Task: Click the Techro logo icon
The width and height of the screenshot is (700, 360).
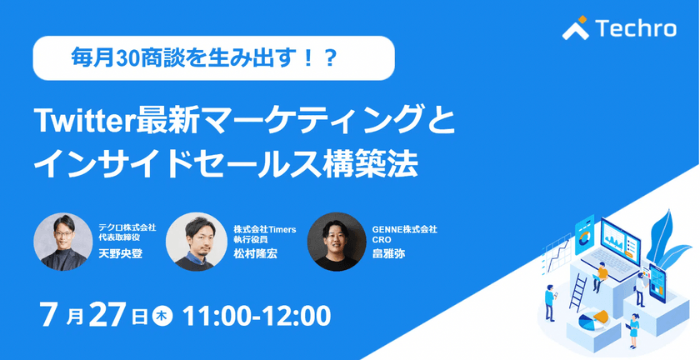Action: [x=577, y=28]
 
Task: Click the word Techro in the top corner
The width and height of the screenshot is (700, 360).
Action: [x=636, y=29]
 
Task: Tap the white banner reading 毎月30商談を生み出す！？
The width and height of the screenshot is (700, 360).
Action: [x=212, y=59]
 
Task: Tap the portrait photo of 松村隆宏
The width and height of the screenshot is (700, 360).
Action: [x=195, y=242]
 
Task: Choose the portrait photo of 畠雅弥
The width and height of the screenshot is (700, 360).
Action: [x=337, y=242]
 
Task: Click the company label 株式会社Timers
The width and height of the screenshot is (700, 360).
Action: [x=259, y=227]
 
